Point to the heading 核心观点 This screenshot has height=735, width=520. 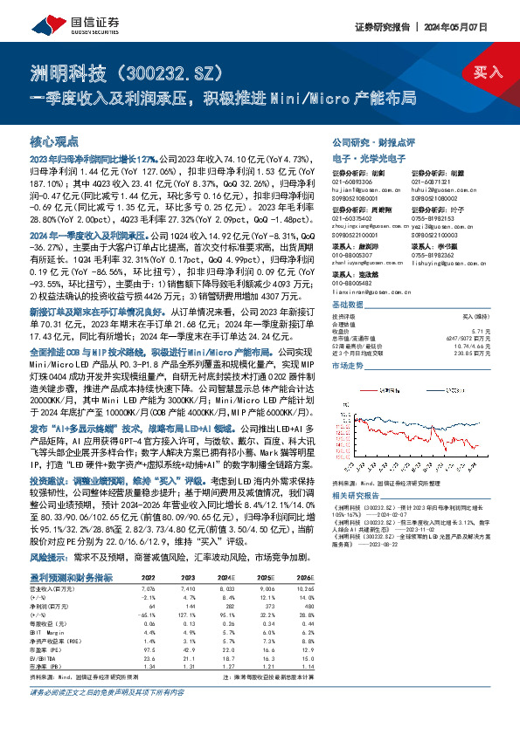[54, 140]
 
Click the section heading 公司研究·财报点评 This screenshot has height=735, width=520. [373, 141]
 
